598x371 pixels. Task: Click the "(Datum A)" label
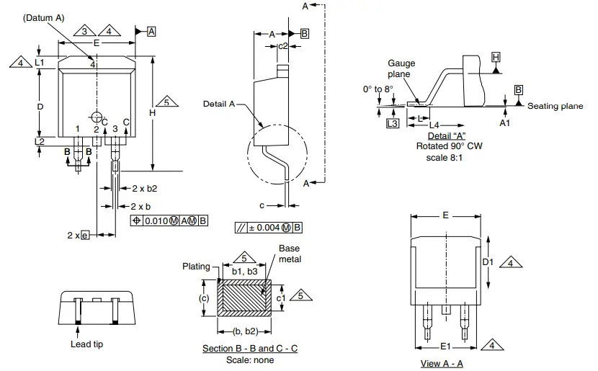(x=45, y=17)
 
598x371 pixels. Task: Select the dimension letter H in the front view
(x=152, y=113)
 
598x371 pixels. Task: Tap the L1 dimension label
(x=40, y=63)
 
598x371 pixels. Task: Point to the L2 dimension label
(x=40, y=141)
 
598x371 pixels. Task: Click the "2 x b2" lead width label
(x=144, y=188)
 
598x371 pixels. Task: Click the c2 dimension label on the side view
(x=283, y=46)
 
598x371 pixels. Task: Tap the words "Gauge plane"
(x=401, y=68)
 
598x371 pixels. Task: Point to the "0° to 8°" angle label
(x=378, y=89)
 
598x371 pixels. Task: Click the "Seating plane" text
(x=555, y=106)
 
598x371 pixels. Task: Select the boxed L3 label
(x=392, y=124)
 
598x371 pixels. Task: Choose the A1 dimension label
(x=505, y=123)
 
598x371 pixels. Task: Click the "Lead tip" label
(x=87, y=344)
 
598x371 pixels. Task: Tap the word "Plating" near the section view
(x=196, y=266)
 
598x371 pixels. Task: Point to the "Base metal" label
(x=290, y=254)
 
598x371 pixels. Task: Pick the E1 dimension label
(x=445, y=346)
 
